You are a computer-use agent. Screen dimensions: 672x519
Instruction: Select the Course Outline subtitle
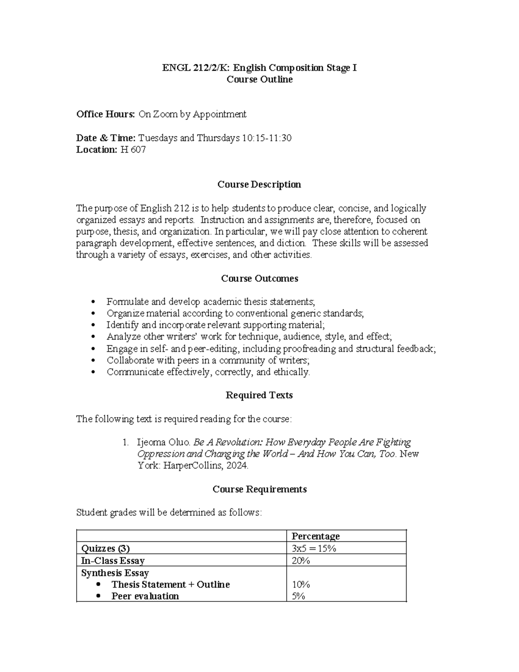pyautogui.click(x=259, y=80)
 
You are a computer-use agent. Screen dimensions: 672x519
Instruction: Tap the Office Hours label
pyautogui.click(x=106, y=114)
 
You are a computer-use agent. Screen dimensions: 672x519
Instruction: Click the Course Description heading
pyautogui.click(x=259, y=185)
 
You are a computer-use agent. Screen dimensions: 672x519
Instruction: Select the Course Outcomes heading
pyautogui.click(x=259, y=279)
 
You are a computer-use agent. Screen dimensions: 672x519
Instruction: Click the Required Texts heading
pyautogui.click(x=259, y=395)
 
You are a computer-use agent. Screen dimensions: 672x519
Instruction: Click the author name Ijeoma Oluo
pyautogui.click(x=163, y=442)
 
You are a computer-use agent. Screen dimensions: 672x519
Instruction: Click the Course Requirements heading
pyautogui.click(x=259, y=489)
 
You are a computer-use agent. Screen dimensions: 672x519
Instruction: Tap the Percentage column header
pyautogui.click(x=316, y=537)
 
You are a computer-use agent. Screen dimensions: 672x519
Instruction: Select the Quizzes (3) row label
pyautogui.click(x=106, y=549)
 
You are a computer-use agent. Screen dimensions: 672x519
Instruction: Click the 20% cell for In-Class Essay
pyautogui.click(x=301, y=561)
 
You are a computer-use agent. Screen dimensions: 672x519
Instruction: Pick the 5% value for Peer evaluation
pyautogui.click(x=299, y=596)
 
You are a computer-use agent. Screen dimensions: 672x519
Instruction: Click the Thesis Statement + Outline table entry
pyautogui.click(x=170, y=585)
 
